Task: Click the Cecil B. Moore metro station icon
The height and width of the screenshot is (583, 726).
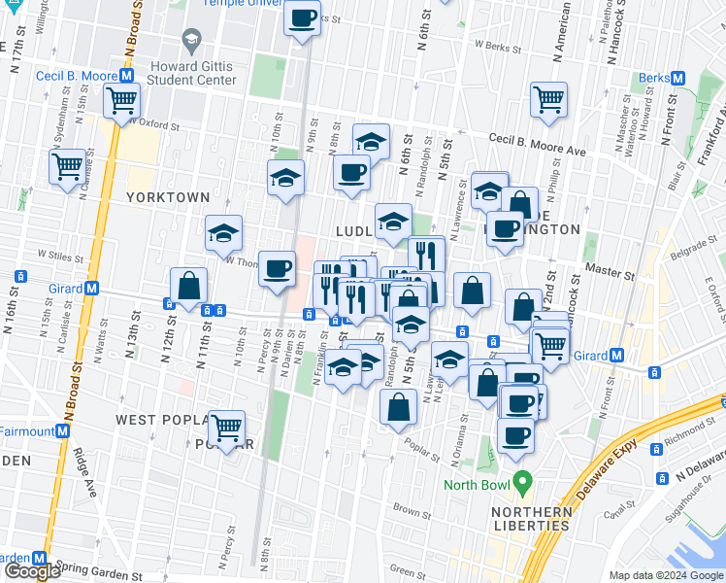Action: tap(125, 75)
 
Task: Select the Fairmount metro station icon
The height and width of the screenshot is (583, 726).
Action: tap(63, 430)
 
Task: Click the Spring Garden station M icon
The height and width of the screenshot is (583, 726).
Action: tap(40, 559)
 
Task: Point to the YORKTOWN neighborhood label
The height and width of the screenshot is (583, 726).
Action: tap(167, 197)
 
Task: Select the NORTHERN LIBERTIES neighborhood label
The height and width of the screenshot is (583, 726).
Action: tap(530, 519)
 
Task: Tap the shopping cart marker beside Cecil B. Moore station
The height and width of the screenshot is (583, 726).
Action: tap(122, 99)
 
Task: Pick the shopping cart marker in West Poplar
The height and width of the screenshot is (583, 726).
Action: tap(226, 427)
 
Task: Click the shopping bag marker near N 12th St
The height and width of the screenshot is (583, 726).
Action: tap(188, 285)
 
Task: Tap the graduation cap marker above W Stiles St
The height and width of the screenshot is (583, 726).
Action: tap(223, 233)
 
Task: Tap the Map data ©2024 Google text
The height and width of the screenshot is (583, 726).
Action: tap(665, 575)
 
